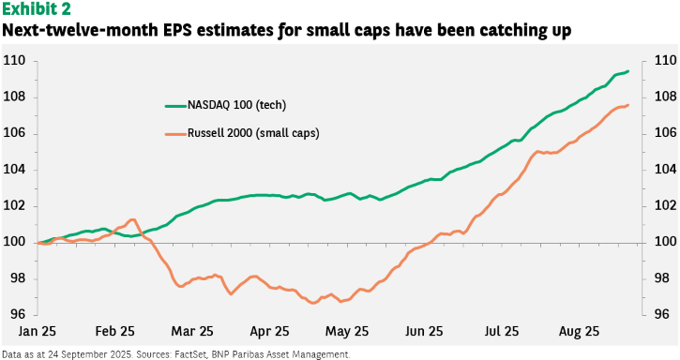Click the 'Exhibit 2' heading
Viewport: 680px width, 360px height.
point(37,8)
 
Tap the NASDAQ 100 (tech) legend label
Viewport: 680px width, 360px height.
point(236,105)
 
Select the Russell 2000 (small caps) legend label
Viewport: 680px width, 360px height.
point(253,133)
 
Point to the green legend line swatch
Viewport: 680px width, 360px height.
point(175,106)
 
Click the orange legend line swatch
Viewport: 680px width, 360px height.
point(175,133)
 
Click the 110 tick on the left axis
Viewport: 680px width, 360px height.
point(14,61)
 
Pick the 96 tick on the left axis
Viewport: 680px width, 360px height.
point(17,314)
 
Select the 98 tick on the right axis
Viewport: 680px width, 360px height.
point(662,277)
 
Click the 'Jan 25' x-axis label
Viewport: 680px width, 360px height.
point(38,331)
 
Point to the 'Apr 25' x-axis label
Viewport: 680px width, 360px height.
point(269,332)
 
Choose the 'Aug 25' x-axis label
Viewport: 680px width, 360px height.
point(579,332)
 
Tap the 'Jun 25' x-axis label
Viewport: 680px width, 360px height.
point(424,331)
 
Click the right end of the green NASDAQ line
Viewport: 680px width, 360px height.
point(628,71)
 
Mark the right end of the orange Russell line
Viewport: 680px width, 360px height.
point(628,105)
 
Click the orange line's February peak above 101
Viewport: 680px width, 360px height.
point(132,220)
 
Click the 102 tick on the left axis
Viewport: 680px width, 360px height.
point(14,205)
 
